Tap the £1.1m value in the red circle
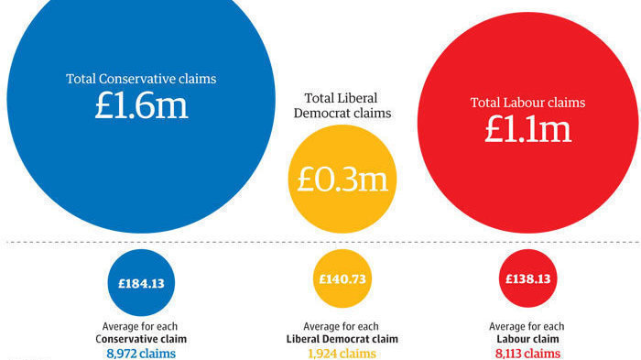click(x=527, y=128)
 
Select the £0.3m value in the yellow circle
click(x=339, y=179)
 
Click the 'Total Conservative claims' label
click(x=140, y=79)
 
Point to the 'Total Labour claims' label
click(x=527, y=103)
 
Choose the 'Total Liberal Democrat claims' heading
click(x=340, y=104)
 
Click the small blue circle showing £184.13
click(x=140, y=283)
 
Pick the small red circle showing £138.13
click(x=527, y=279)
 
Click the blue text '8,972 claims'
click(x=140, y=353)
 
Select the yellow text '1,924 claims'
click(x=340, y=353)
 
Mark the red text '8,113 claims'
click(x=527, y=353)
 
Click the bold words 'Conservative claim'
click(x=140, y=339)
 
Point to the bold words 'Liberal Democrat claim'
click(x=340, y=339)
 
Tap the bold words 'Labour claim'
click(x=527, y=339)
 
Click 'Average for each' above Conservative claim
click(x=140, y=325)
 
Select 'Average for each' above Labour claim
click(x=527, y=325)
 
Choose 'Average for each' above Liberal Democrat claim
click(x=340, y=325)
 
